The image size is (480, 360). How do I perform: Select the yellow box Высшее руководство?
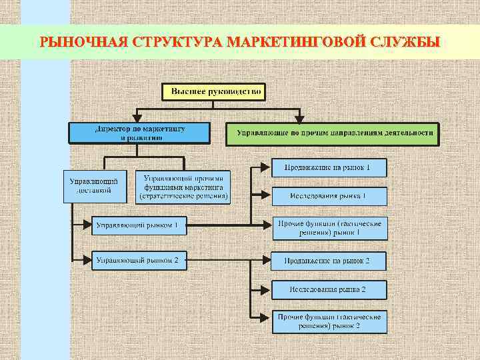pyautogui.click(x=213, y=91)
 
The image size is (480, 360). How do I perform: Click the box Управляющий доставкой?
pyautogui.click(x=98, y=186)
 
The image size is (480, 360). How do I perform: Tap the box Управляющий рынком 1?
pyautogui.click(x=139, y=225)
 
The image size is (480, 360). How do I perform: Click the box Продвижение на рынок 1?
pyautogui.click(x=329, y=167)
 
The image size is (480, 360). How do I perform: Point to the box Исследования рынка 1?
pyautogui.click(x=329, y=197)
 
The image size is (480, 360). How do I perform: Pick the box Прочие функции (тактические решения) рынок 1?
pyautogui.click(x=329, y=229)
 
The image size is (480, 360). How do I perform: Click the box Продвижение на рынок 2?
pyautogui.click(x=329, y=260)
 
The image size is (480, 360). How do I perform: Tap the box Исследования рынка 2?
pyautogui.click(x=329, y=290)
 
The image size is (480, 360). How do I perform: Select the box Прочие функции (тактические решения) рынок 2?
pyautogui.click(x=329, y=321)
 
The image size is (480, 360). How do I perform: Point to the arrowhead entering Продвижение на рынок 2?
pyautogui.click(x=268, y=260)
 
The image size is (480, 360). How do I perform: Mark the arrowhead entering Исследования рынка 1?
pyautogui.click(x=268, y=197)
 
